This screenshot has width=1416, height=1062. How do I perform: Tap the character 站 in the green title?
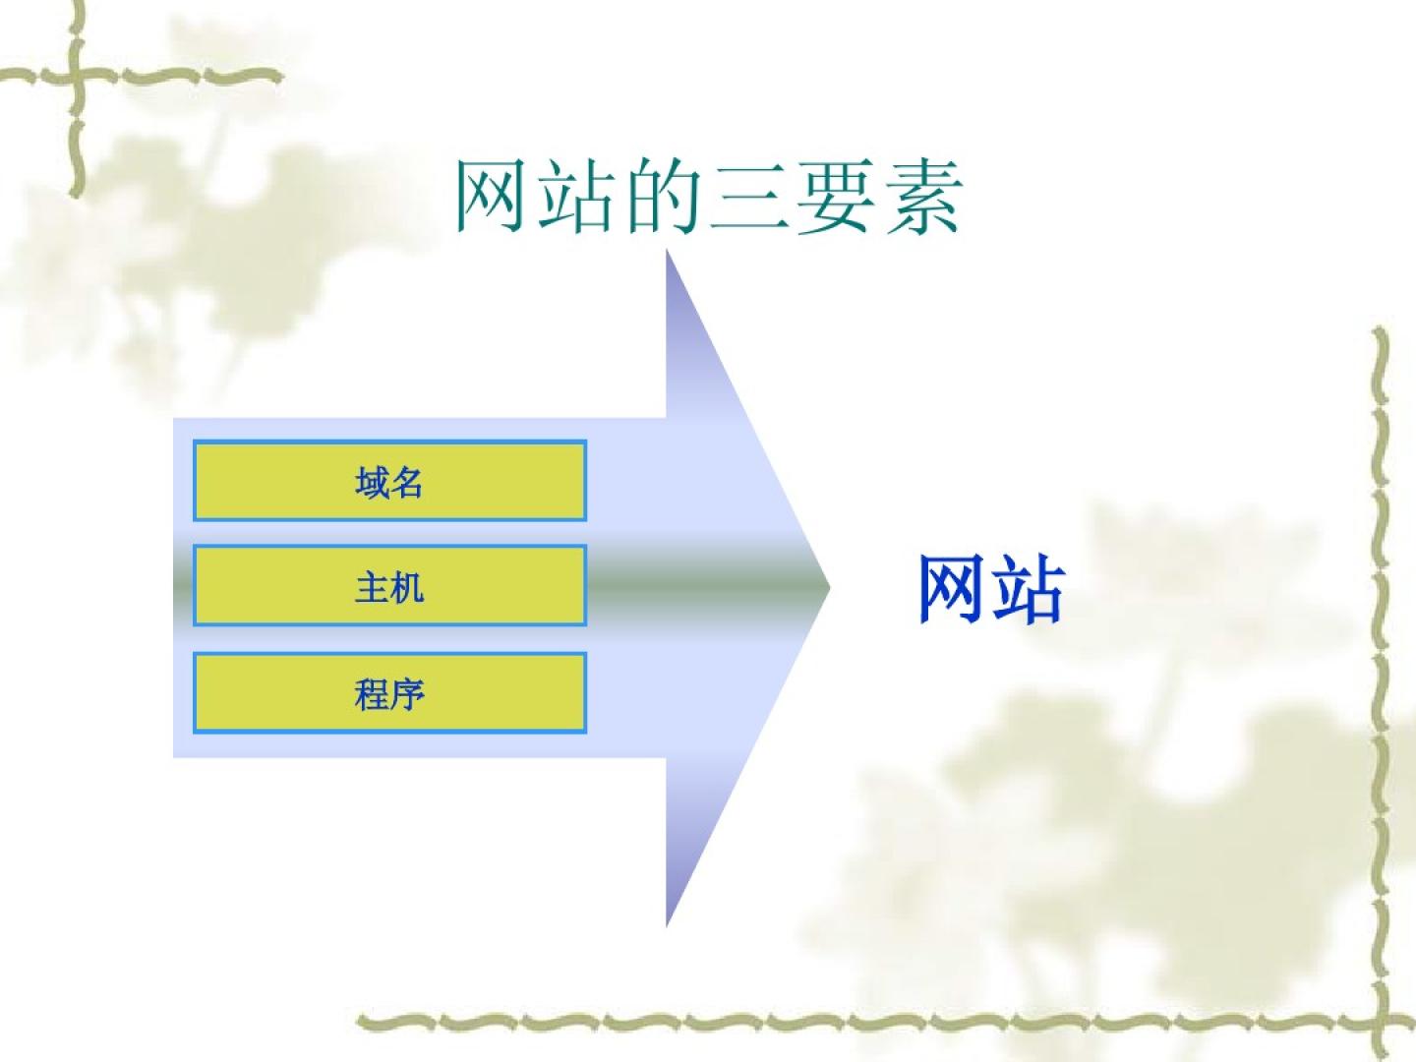pyautogui.click(x=574, y=196)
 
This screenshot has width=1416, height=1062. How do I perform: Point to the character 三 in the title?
pyautogui.click(x=749, y=198)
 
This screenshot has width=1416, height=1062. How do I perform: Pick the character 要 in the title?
pyautogui.click(x=836, y=196)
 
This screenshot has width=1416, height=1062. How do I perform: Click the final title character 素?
pyautogui.click(x=923, y=196)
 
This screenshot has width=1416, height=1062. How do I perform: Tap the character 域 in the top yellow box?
pyautogui.click(x=372, y=482)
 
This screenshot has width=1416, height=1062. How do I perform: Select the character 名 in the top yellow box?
pyautogui.click(x=407, y=482)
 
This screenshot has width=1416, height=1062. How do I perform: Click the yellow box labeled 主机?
pyautogui.click(x=389, y=585)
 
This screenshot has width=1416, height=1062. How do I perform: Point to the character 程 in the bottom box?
pyautogui.click(x=372, y=694)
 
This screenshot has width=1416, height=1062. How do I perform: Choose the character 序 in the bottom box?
pyautogui.click(x=408, y=694)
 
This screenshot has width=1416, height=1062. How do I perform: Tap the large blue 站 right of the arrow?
pyautogui.click(x=1028, y=589)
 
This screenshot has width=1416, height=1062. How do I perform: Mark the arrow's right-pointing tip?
pyautogui.click(x=829, y=587)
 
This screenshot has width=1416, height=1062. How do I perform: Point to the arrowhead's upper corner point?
pyautogui.click(x=667, y=252)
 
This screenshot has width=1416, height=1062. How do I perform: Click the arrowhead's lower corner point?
pyautogui.click(x=667, y=926)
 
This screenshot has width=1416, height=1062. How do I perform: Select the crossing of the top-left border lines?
pyautogui.click(x=77, y=76)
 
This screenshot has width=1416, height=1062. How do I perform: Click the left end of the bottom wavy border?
pyautogui.click(x=359, y=1020)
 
